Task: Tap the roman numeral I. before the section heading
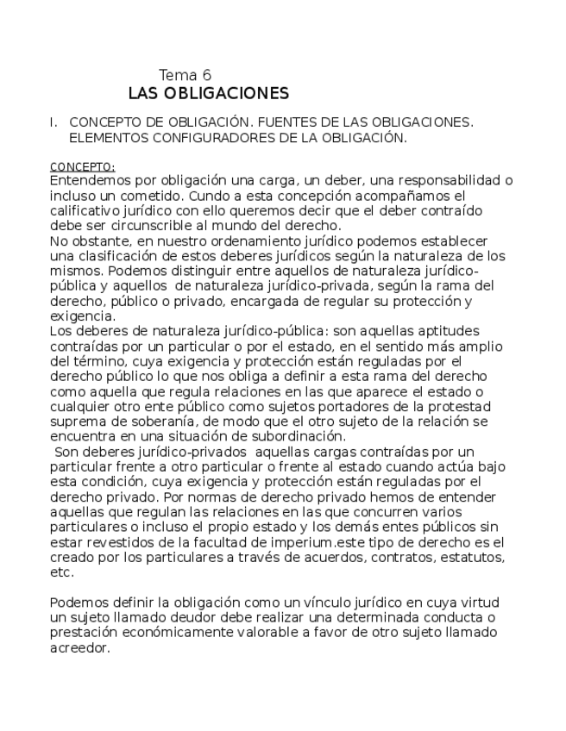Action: point(53,122)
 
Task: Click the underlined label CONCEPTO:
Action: point(82,166)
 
